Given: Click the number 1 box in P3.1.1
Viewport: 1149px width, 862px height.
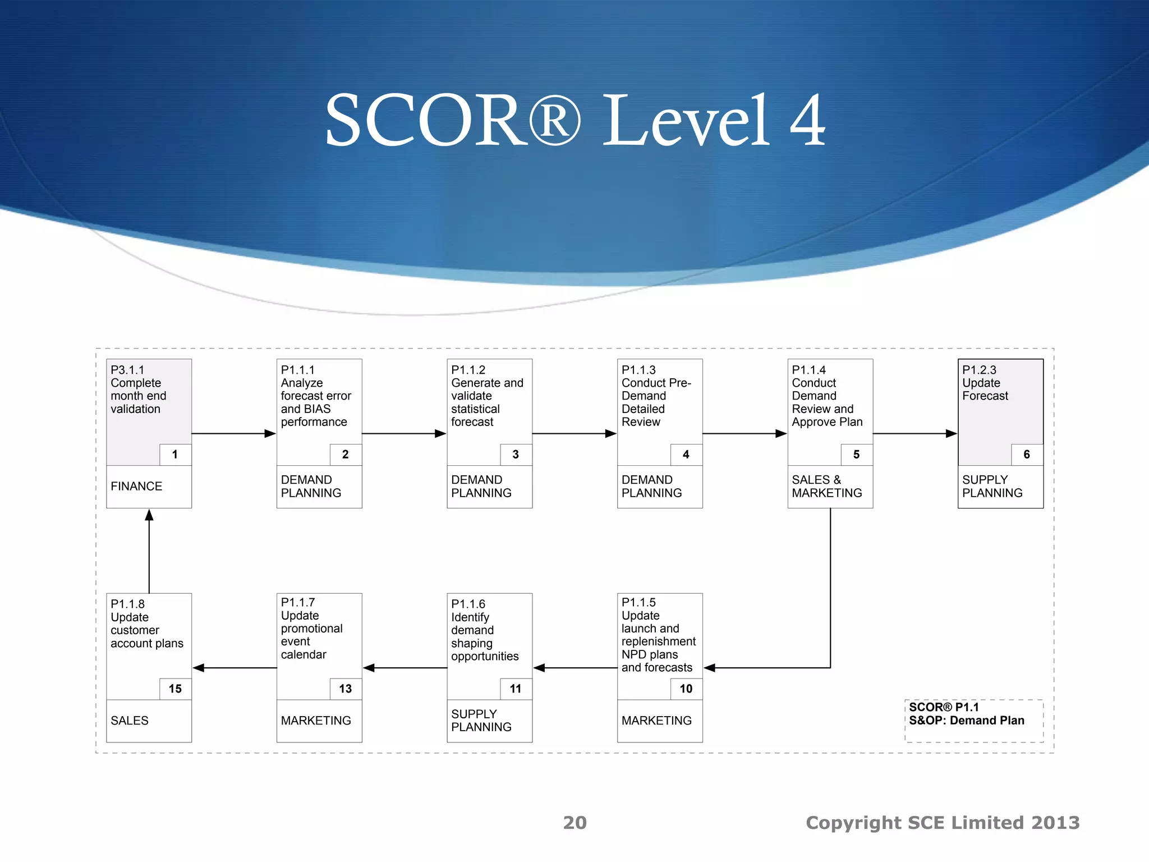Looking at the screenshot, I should pyautogui.click(x=175, y=455).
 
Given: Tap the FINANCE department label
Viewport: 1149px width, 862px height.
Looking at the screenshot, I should pyautogui.click(x=136, y=487).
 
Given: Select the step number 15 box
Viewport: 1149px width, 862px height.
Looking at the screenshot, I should pyautogui.click(x=175, y=689).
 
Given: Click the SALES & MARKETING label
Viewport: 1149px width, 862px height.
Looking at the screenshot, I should pyautogui.click(x=826, y=487).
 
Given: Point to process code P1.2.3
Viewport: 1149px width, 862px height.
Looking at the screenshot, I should pyautogui.click(x=979, y=370).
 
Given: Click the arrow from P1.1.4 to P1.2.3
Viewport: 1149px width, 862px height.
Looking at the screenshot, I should pyautogui.click(x=914, y=433).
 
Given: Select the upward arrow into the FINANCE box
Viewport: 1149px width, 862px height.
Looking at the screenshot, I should pyautogui.click(x=149, y=550).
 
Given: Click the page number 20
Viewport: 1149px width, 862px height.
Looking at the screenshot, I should pyautogui.click(x=574, y=823).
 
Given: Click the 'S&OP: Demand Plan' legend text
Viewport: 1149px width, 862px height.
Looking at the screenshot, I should pyautogui.click(x=966, y=721).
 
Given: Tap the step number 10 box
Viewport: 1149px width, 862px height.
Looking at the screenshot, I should pyautogui.click(x=686, y=689).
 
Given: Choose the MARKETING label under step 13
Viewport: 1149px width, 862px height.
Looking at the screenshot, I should pyautogui.click(x=316, y=721).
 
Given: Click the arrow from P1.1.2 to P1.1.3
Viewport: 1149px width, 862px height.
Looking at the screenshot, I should pyautogui.click(x=574, y=433).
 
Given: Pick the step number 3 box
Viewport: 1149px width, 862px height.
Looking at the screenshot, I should pyautogui.click(x=516, y=455).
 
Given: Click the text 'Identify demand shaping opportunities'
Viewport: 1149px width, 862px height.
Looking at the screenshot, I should pyautogui.click(x=484, y=636).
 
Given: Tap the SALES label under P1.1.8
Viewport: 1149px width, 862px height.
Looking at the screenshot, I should pyautogui.click(x=130, y=721).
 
